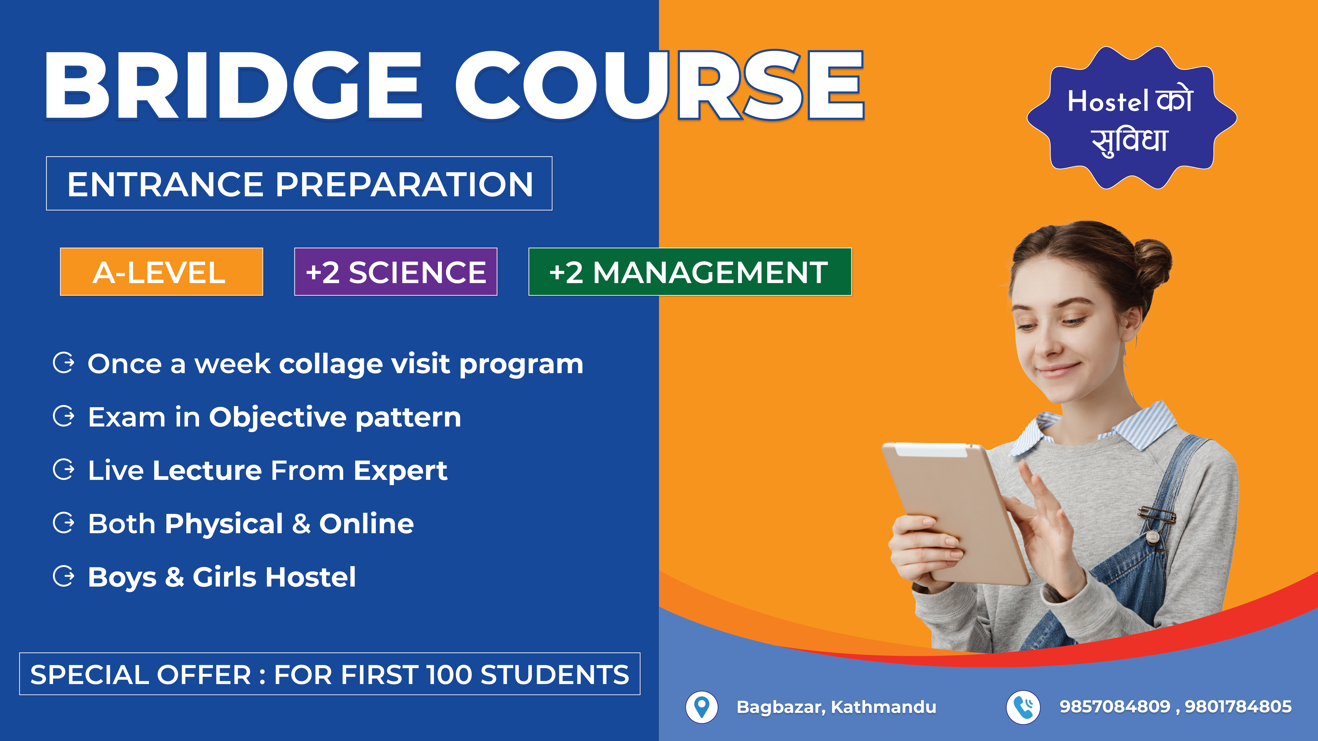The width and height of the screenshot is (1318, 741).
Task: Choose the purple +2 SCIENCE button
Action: pyautogui.click(x=396, y=272)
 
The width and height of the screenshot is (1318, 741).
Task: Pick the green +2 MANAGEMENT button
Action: pyautogui.click(x=690, y=272)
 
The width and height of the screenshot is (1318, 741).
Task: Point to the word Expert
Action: pyautogui.click(x=400, y=470)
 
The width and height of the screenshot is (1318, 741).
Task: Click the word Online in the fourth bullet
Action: pyautogui.click(x=366, y=524)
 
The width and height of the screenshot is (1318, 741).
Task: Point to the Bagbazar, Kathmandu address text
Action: pyautogui.click(x=836, y=707)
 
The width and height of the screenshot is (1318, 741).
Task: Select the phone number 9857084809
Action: pyautogui.click(x=1114, y=706)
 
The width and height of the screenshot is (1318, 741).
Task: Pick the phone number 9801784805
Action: pyautogui.click(x=1238, y=706)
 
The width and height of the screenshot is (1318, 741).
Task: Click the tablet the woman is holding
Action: pyautogui.click(x=954, y=511)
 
